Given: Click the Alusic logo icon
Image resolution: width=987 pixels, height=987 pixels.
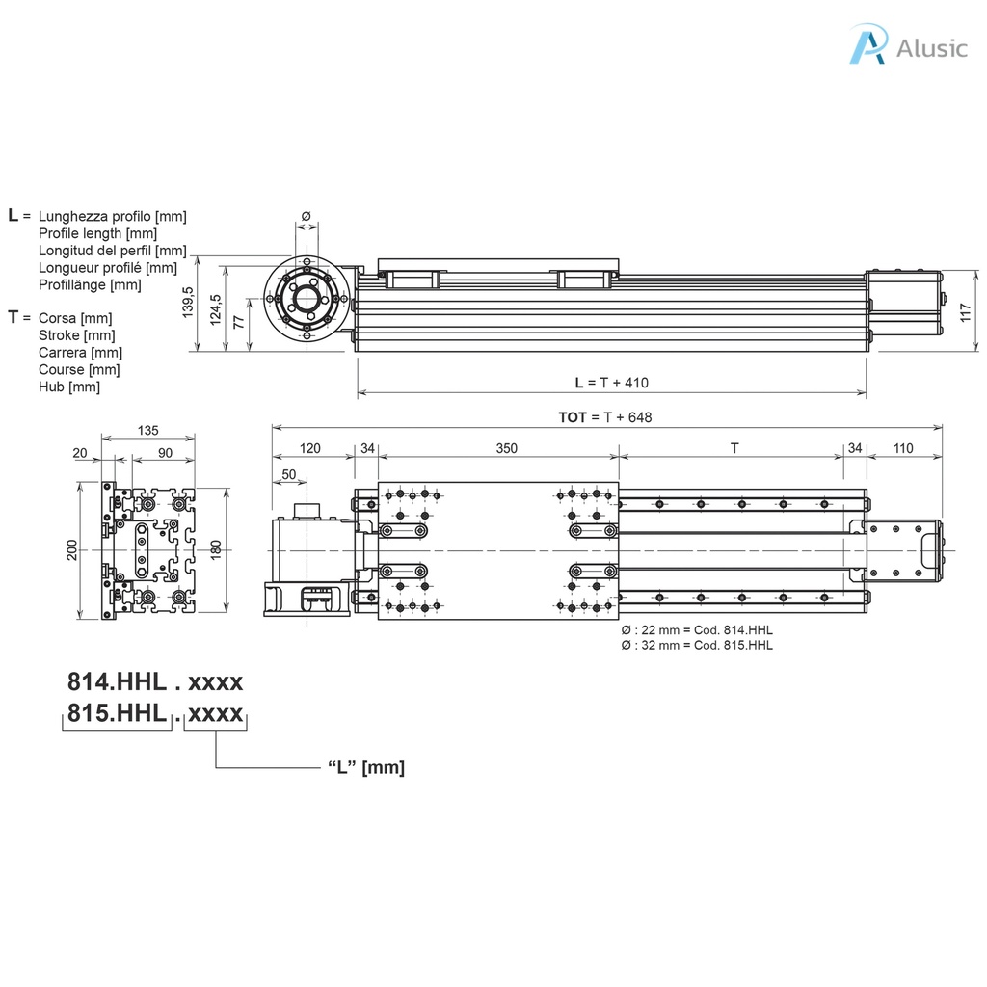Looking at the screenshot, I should coord(867,45).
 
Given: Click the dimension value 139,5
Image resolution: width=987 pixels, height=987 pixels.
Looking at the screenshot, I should coord(189,304).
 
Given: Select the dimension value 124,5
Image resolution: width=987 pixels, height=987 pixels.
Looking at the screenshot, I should coord(216,309).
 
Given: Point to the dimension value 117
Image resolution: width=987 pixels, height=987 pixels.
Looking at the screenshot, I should coord(967,313).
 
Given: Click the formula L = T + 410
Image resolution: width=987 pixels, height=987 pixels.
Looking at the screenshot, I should coord(611,383).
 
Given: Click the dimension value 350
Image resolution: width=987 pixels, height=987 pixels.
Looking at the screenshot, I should coord(506,448).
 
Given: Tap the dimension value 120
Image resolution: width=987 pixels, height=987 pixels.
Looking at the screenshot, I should coord(309,448).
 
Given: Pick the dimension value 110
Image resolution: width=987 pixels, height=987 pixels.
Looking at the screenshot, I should coord(903,448).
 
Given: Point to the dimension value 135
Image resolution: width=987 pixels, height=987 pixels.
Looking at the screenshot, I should coord(148,430).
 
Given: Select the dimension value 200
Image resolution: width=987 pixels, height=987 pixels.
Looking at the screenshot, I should coord(70,550).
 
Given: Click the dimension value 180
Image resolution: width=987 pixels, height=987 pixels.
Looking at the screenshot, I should coord(216,549).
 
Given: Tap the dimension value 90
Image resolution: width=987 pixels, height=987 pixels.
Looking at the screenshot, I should coord(165,452).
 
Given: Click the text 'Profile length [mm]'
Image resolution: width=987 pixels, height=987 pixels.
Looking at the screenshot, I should coord(97,233).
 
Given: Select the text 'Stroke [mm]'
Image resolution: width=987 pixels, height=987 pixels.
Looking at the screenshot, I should coord(76,335).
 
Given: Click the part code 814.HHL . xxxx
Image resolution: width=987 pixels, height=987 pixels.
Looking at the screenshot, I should coord(154,682).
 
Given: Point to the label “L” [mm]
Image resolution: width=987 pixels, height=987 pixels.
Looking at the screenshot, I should coord(366,768).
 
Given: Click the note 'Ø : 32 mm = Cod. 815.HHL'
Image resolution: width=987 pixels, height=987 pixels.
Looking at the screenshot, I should coord(697,645).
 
